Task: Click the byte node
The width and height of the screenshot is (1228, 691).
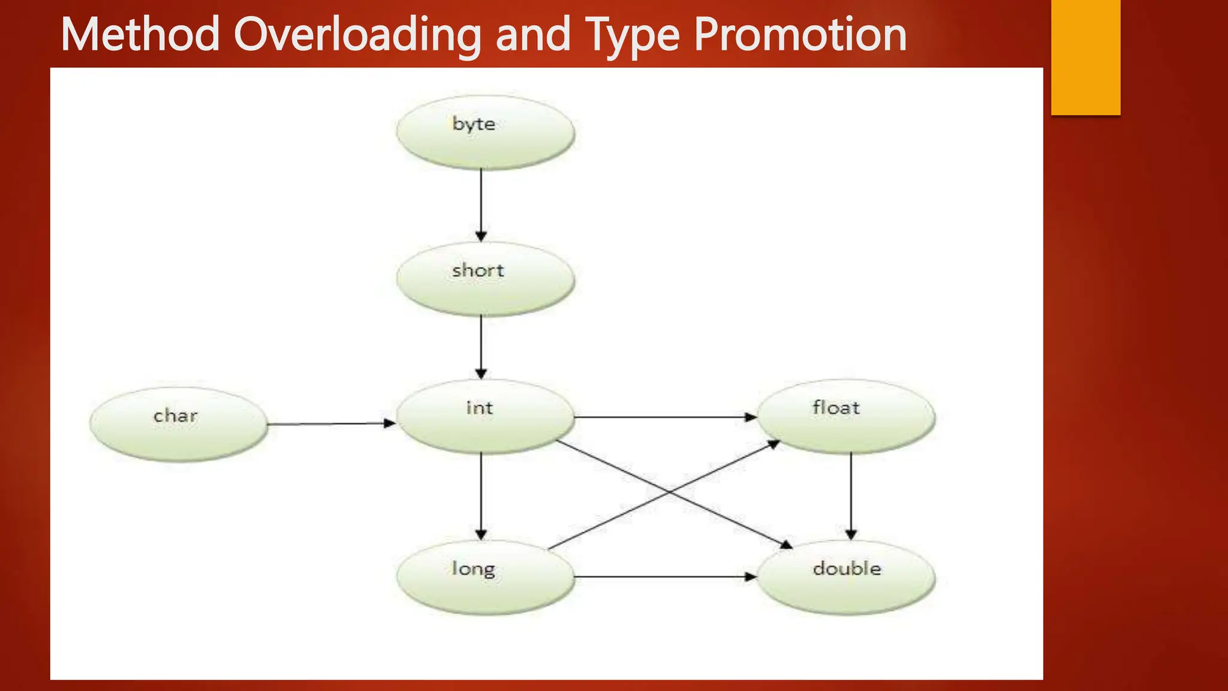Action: (485, 132)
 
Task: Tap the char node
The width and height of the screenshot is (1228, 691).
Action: (178, 424)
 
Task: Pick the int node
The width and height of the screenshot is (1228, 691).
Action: (485, 416)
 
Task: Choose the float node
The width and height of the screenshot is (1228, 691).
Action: (845, 416)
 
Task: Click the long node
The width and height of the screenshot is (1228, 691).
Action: (485, 577)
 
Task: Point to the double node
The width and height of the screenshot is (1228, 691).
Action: (845, 577)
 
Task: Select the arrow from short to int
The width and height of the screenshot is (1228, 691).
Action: (481, 347)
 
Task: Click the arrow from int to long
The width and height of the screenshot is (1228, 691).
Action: (481, 495)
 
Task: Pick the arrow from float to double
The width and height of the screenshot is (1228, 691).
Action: (851, 495)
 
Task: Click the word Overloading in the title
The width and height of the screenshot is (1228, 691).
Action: (357, 35)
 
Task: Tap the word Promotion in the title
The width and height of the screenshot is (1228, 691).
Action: (800, 35)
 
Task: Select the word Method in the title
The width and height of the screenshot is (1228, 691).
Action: (140, 35)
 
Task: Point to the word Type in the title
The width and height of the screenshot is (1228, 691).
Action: (632, 35)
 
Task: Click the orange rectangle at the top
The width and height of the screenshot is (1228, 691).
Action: (1085, 57)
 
